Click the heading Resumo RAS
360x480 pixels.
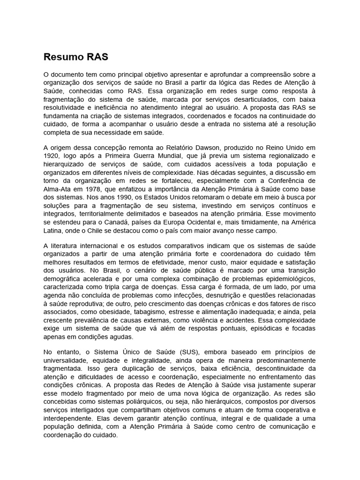(x=75, y=57)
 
